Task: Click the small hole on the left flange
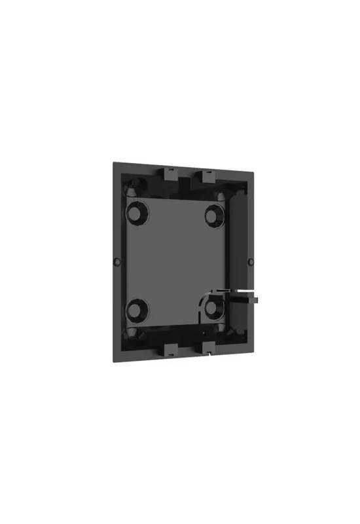[x=117, y=261]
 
